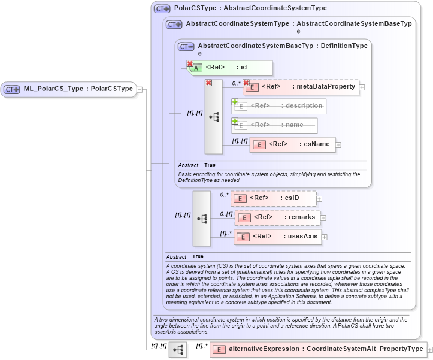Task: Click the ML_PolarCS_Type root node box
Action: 68,89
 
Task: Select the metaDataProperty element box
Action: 300,87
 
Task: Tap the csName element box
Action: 292,144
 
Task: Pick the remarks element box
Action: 277,217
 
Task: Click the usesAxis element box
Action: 277,237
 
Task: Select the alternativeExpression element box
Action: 317,349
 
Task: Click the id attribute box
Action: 231,68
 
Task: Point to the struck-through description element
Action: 279,106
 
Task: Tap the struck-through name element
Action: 275,125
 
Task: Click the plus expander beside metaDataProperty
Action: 362,87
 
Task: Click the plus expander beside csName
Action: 338,144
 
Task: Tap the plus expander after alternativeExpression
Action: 429,349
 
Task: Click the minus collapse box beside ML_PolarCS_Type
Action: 140,89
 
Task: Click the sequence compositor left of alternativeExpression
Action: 178,349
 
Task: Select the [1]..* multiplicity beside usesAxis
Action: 226,233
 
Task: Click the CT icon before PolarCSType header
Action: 162,9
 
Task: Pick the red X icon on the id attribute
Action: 190,64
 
